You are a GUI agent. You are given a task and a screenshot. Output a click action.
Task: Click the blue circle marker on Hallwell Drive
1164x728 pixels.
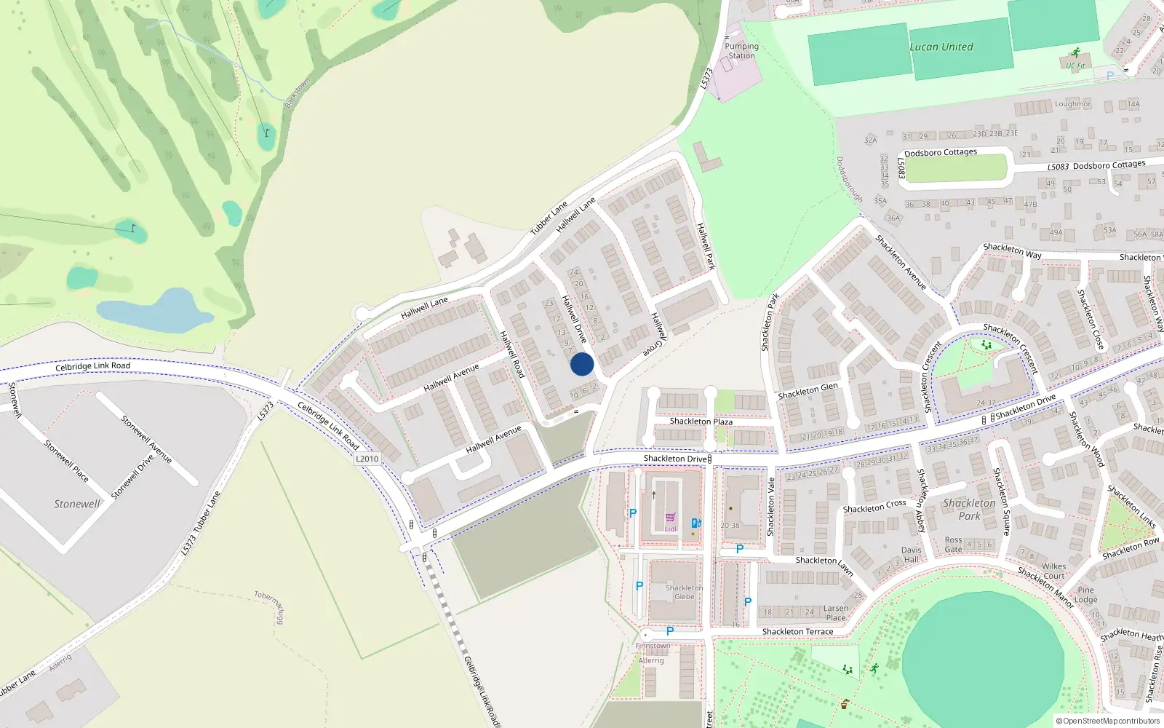tap(582, 364)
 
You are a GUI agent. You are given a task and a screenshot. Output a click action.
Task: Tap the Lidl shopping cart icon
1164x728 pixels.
tap(670, 518)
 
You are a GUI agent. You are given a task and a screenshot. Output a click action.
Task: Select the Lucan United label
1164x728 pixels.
tap(941, 47)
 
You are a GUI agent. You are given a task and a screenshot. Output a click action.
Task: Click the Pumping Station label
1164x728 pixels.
tap(741, 51)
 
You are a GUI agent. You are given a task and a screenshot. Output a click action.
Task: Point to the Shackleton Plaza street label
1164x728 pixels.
tap(701, 422)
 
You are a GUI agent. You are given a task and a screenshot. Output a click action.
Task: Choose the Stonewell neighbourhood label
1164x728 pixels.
tap(77, 504)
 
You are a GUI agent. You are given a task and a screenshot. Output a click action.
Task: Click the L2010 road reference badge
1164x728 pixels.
tap(367, 459)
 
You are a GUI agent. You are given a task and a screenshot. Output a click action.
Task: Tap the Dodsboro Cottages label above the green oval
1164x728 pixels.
tap(941, 153)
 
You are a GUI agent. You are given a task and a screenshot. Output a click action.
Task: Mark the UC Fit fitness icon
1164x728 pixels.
tap(1075, 53)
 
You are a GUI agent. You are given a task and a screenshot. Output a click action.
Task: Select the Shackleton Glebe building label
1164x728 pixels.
tap(684, 592)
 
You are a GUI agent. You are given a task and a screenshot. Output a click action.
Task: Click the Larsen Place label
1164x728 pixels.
tap(836, 613)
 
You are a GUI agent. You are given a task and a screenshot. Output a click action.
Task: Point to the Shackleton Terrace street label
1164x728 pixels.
tap(797, 632)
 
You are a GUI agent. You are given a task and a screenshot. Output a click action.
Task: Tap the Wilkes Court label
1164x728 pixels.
tap(1053, 571)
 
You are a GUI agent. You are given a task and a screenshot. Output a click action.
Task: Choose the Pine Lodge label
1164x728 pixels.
tap(1085, 595)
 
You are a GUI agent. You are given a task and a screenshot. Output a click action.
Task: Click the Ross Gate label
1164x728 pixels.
tap(953, 545)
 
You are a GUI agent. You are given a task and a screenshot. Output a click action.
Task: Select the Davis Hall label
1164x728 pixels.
tap(911, 555)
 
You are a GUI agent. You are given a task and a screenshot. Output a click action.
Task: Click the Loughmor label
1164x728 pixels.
tap(1072, 104)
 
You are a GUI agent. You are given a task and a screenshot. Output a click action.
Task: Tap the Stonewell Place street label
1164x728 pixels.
tap(66, 460)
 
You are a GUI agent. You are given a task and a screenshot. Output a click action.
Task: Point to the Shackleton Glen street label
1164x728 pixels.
tap(808, 391)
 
